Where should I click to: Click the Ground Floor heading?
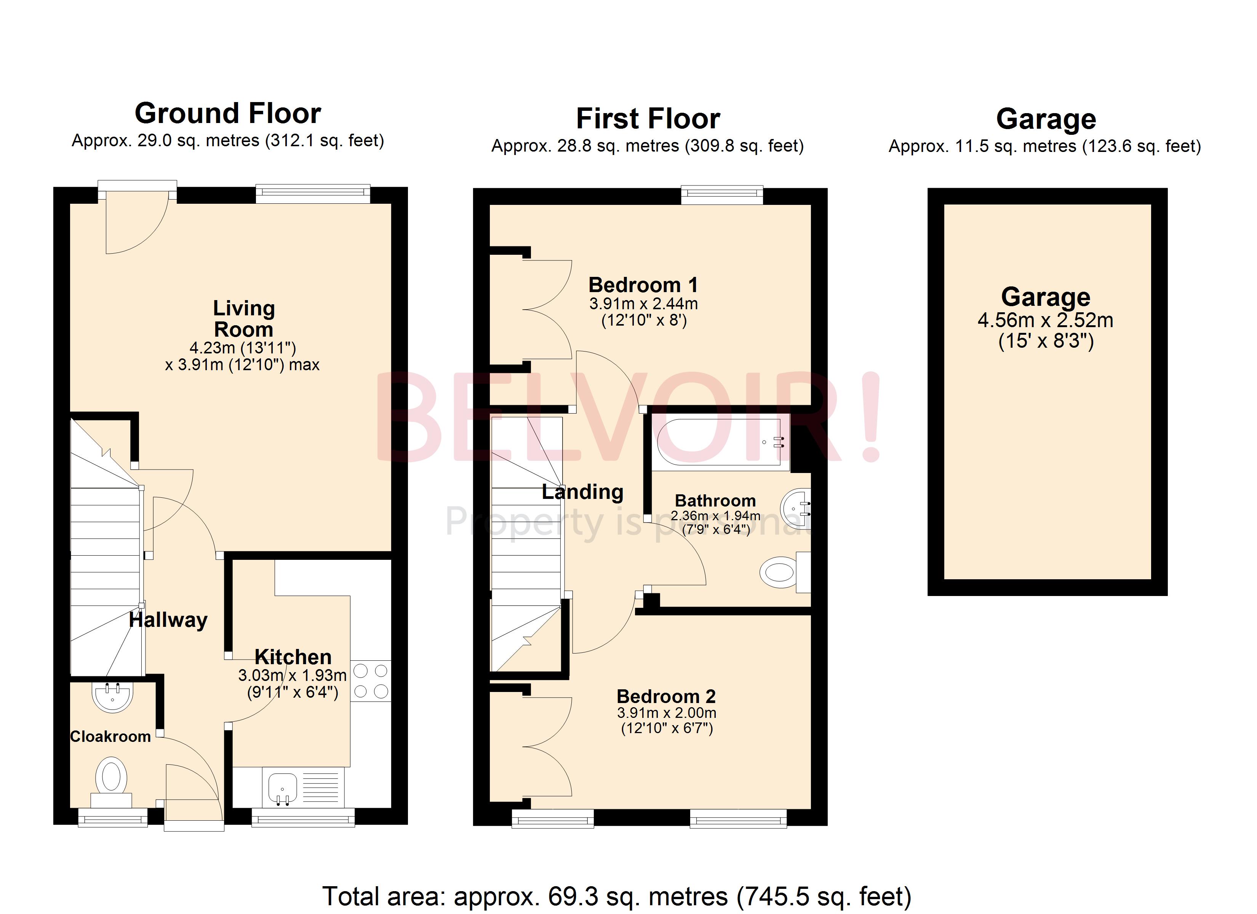[228, 113]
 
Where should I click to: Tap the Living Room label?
[244, 319]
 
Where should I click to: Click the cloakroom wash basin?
[112, 696]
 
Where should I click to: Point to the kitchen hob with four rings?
[370, 681]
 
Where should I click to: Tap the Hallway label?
[168, 620]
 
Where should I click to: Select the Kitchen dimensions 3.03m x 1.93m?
[292, 676]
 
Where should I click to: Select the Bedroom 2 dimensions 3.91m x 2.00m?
[666, 713]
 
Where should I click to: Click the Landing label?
[582, 492]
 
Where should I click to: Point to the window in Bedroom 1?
[721, 194]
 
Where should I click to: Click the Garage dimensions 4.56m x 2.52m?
[1045, 320]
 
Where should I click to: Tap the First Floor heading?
[648, 118]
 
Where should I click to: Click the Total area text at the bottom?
[616, 896]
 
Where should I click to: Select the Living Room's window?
[313, 192]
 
